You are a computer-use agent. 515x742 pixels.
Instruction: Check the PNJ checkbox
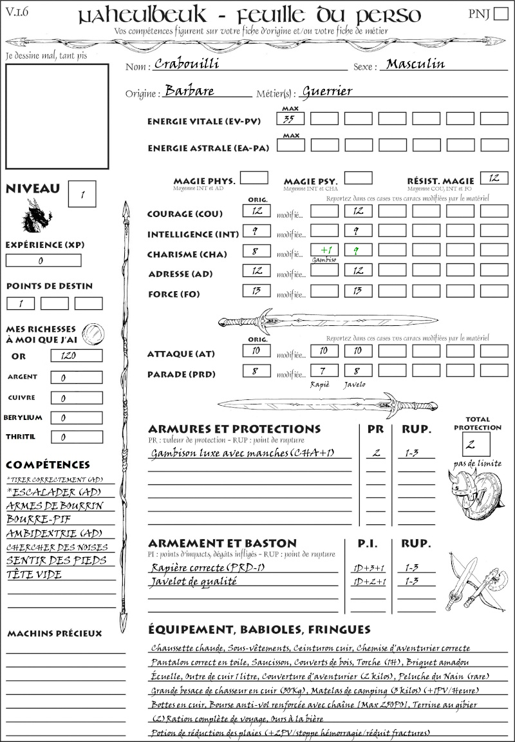coord(500,14)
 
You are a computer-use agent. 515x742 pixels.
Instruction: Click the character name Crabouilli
coord(187,64)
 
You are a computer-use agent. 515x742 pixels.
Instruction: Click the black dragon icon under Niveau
coord(35,216)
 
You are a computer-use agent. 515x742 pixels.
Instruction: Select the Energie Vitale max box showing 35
coord(290,119)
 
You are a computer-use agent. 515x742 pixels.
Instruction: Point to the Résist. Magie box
coord(494,178)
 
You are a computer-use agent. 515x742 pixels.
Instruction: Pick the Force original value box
coord(256,291)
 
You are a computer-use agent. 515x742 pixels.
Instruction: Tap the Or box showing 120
coord(76,356)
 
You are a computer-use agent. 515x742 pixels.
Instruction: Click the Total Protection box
coord(476,444)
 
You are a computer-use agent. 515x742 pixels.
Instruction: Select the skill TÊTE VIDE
coord(34,575)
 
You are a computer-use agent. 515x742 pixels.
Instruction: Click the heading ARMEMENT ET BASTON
coord(222,544)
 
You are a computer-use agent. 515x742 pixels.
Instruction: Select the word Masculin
coord(415,64)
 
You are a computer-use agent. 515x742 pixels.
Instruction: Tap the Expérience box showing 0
coord(43,260)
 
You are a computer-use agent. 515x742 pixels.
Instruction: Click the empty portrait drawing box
coord(57,116)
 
